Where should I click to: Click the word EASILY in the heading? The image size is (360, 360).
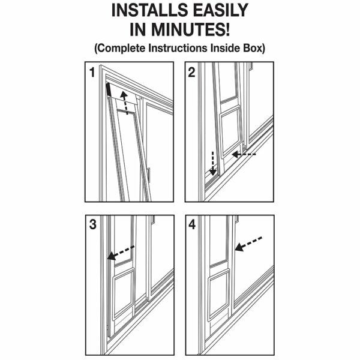pos(220,10)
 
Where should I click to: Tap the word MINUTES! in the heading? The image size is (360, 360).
pos(190,29)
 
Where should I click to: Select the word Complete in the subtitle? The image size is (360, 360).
pos(120,48)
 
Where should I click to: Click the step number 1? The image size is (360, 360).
pos(92,72)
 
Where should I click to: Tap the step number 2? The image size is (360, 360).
pos(191,72)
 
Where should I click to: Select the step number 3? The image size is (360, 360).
pos(93,224)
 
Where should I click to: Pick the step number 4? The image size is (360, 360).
pos(192,224)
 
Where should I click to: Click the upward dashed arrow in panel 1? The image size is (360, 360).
pos(125,103)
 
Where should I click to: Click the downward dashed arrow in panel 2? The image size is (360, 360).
pos(213,163)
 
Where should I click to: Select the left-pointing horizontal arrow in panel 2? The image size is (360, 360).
pos(244,155)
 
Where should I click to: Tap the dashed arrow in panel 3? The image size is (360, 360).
pos(121,253)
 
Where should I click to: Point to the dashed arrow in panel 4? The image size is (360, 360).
pos(248,244)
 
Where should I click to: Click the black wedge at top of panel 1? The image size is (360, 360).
pos(109,90)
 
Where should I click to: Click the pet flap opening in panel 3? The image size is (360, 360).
pos(123,295)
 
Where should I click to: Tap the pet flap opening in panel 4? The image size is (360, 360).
pos(219,296)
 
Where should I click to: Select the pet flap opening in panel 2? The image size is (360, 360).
pos(230,133)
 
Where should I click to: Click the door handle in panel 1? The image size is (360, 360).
pos(149,175)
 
